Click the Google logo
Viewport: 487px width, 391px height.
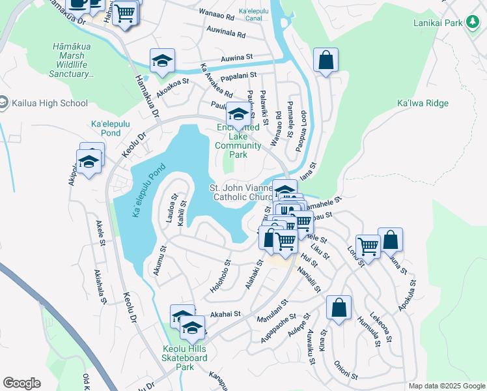coord(21,383)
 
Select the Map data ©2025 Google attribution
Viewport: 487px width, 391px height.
coord(446,386)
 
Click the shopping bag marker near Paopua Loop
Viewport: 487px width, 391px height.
coord(326,61)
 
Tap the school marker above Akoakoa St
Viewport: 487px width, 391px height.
coord(162,61)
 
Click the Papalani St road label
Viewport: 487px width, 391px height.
coord(236,78)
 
